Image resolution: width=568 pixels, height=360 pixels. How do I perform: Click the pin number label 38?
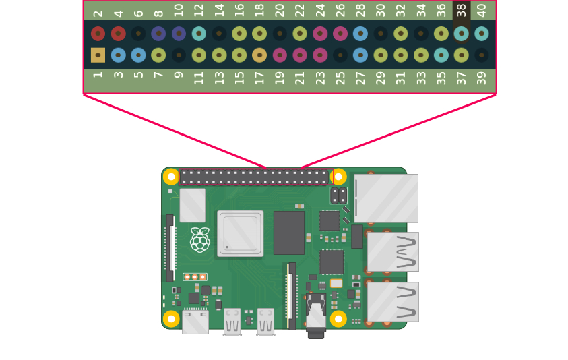point(462,10)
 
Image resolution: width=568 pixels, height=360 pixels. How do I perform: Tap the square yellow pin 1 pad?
point(98,55)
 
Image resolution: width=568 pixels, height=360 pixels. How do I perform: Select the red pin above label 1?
point(98,34)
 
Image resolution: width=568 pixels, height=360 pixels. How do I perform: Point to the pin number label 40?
point(482,10)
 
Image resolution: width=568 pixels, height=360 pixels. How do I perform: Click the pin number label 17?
point(259,78)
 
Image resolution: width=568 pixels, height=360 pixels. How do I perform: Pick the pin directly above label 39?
point(482,55)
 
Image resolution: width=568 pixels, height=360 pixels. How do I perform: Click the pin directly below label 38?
point(462,34)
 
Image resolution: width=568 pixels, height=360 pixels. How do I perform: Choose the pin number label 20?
point(280,10)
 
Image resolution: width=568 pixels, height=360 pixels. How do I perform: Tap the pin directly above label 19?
point(280,55)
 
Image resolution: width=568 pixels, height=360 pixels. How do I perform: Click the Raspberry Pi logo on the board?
point(199,240)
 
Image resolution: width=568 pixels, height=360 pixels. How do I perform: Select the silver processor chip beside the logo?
point(240,233)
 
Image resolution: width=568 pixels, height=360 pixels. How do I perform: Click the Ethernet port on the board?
point(386,198)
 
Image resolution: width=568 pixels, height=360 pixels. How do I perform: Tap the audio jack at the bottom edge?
point(315,317)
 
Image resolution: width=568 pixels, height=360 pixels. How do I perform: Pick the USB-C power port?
point(195,321)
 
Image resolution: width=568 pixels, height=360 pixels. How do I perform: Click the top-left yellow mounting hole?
point(171,177)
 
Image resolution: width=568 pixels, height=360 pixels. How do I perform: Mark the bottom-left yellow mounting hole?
point(171,318)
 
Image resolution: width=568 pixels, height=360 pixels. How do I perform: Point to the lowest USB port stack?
point(393,301)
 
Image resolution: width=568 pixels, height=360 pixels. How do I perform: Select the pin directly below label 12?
point(199,34)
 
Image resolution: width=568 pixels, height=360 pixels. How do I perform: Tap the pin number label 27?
point(360,78)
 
